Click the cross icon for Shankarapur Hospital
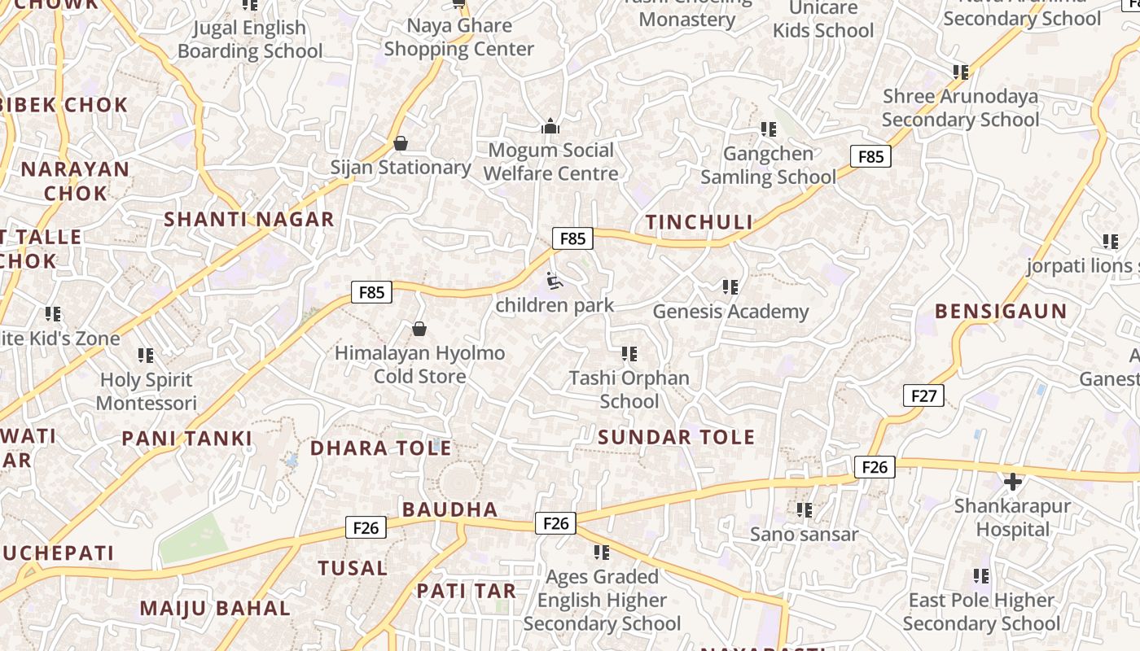[x=1012, y=482]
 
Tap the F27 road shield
[x=923, y=396]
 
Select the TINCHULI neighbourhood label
[x=699, y=222]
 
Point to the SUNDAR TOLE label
[x=676, y=437]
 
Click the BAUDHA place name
[x=449, y=509]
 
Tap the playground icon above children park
[x=554, y=282]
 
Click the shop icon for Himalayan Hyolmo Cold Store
[x=419, y=329]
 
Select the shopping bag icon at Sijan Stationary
[x=400, y=143]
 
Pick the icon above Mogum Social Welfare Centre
[x=550, y=126]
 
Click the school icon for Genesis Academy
[x=730, y=286]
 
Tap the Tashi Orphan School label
[x=629, y=390]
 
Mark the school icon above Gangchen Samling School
[x=768, y=129]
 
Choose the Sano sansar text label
[x=804, y=535]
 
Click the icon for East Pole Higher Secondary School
[x=981, y=576]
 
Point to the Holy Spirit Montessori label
[x=147, y=391]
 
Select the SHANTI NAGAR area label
[x=249, y=219]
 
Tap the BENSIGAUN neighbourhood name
[x=1001, y=311]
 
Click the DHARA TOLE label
[x=380, y=448]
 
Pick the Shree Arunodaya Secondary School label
[x=960, y=108]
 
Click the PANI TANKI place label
[x=187, y=439]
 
